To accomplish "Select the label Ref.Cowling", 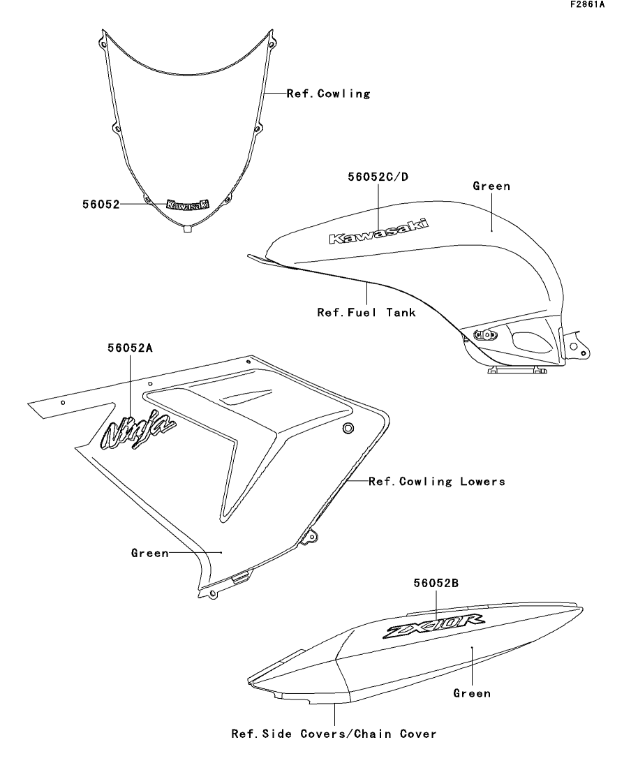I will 328,94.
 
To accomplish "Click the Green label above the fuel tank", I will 491,186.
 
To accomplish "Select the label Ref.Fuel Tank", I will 366,313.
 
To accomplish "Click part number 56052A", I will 130,348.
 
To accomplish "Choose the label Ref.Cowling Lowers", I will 436,482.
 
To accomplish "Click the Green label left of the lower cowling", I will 150,553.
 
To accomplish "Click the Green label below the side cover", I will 472,693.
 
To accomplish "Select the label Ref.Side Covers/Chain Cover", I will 334,734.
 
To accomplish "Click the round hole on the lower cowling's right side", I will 348,427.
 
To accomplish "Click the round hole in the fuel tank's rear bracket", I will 574,346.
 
